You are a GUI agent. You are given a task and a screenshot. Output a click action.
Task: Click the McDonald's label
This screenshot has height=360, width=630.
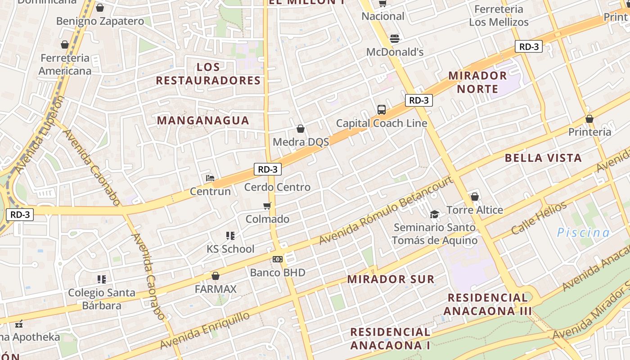[395, 52]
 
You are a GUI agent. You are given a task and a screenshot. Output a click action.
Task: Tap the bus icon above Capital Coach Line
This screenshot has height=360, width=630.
[382, 110]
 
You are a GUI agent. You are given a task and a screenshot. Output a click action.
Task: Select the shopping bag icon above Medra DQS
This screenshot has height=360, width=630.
[301, 129]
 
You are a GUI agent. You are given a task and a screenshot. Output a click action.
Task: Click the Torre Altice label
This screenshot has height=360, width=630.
[475, 210]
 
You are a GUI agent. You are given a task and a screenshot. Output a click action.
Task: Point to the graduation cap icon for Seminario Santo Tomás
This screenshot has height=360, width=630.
[434, 214]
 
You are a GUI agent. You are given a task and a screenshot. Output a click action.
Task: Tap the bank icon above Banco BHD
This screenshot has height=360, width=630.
[278, 259]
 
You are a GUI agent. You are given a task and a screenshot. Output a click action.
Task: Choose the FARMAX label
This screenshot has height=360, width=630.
[216, 289]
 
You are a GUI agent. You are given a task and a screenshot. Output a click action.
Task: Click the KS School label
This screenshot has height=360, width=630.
[230, 249]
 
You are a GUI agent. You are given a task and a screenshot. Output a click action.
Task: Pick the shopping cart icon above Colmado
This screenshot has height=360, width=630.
[267, 206]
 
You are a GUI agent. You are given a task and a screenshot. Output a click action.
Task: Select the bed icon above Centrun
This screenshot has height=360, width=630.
[210, 178]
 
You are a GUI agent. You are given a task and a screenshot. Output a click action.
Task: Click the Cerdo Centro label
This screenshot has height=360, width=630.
[277, 187]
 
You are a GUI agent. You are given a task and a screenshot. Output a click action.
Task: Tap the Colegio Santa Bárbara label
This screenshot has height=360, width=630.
[102, 299]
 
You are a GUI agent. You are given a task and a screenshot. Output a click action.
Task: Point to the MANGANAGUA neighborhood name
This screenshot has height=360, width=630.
[203, 120]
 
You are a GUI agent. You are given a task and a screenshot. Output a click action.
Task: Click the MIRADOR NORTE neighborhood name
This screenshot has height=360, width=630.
[477, 82]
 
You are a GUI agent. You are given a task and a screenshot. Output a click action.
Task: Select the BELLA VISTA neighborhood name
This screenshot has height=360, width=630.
[543, 158]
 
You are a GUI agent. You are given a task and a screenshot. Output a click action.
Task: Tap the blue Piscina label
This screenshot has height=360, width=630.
[583, 233]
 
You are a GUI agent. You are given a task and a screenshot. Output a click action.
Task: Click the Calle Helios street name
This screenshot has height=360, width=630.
[539, 219]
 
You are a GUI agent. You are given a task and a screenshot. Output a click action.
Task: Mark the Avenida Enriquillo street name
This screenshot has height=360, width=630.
[205, 330]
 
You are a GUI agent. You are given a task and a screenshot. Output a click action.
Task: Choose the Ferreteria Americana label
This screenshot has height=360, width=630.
[65, 64]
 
